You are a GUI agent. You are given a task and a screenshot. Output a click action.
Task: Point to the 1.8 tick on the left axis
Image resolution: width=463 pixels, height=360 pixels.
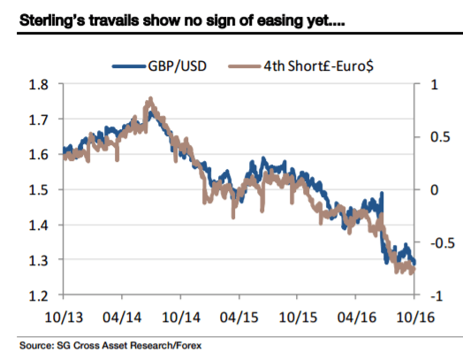pos(42,85)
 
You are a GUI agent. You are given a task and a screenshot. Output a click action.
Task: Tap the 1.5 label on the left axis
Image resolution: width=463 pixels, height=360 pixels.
pos(42,190)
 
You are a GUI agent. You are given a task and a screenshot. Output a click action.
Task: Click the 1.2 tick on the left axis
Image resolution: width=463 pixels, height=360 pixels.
pos(42,295)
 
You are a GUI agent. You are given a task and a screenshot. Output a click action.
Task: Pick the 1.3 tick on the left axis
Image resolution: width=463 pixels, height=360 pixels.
pos(42,260)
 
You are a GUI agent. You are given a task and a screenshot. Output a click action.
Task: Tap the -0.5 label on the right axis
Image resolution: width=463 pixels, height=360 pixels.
pos(433,242)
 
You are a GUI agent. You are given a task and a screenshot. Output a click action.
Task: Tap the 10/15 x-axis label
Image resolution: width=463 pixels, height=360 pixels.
pos(298,316)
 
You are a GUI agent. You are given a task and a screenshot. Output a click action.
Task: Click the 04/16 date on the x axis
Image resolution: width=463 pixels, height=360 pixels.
pos(357,316)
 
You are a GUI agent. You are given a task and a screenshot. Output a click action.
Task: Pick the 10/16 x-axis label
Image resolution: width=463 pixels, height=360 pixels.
pos(415,316)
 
